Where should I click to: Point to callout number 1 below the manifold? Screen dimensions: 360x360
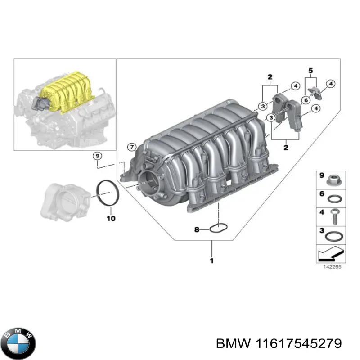pos(211,261)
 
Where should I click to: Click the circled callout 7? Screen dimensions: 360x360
pos(131,147)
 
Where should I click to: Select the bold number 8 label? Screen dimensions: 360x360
pos(197,230)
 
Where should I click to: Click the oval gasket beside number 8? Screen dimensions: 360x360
pos(219,229)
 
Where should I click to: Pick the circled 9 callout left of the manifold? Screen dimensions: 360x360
pos(96,156)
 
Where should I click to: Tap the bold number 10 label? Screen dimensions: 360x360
pos(111,219)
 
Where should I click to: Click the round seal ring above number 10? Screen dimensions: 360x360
pos(108,194)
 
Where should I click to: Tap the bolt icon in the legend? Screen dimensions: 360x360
pos(335,216)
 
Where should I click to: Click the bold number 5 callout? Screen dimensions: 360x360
pos(310,70)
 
